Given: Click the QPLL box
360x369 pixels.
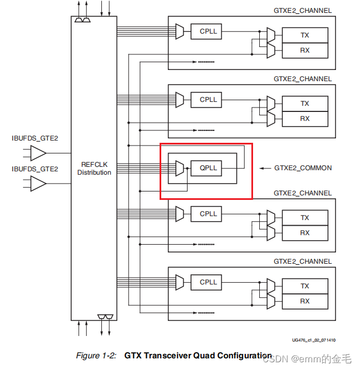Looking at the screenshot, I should [x=208, y=168].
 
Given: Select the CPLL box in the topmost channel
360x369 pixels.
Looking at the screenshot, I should [x=208, y=31].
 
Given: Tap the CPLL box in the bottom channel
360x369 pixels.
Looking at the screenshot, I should [x=208, y=282].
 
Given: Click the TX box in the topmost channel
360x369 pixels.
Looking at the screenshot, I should [x=305, y=35].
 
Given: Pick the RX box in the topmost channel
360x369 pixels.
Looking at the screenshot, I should [x=305, y=50].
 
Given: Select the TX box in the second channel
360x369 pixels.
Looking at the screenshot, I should [x=305, y=104].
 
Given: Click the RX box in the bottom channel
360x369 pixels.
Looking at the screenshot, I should [x=305, y=301].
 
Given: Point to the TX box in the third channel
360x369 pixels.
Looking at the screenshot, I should [x=305, y=218].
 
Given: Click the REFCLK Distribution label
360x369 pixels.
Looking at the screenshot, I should [x=94, y=169].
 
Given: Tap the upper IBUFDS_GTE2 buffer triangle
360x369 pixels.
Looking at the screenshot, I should [x=38, y=153].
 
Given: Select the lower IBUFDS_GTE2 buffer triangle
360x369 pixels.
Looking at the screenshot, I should [x=38, y=183].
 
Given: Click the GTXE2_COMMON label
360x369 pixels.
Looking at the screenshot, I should [x=303, y=168].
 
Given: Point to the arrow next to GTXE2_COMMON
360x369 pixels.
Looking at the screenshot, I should [x=264, y=168].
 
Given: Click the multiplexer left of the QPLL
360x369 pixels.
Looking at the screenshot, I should [x=179, y=168].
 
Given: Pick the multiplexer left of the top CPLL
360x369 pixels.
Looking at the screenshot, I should [x=179, y=31].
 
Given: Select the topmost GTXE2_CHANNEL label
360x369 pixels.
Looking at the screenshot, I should [x=302, y=11].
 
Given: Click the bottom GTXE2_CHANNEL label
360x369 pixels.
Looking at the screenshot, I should [x=302, y=261].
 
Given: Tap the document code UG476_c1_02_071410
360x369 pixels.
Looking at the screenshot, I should [x=313, y=340].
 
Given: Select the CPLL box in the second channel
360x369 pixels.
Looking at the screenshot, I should [x=208, y=100].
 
